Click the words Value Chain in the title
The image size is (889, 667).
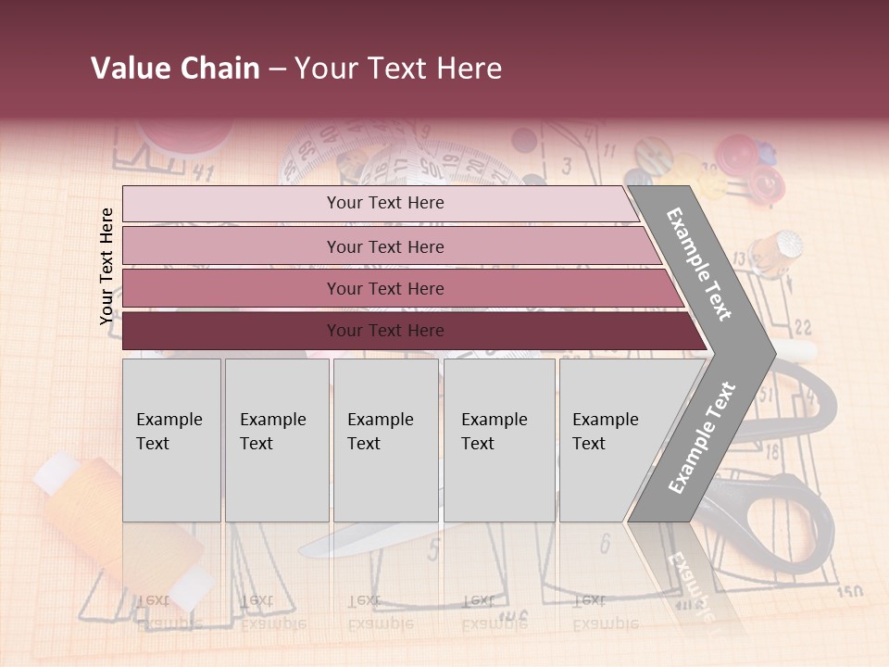pos(175,69)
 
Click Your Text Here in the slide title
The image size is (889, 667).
pos(398,69)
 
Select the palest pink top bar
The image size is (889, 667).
pos(380,203)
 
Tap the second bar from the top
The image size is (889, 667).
pos(389,246)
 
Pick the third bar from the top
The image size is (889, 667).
pos(398,288)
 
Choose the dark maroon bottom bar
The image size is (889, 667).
pos(407,331)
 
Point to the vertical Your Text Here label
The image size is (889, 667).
pos(106,266)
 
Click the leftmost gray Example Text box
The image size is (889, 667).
pos(171,440)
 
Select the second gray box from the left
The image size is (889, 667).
pos(276,440)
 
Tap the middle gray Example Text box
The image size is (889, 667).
pos(385,440)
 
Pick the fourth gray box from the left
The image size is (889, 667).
pos(498,440)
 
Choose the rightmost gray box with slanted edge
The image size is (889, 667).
pos(611,440)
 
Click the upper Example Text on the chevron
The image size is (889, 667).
pos(700,264)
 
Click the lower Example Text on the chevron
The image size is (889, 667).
pos(702,437)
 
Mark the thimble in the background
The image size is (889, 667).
pos(776,248)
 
